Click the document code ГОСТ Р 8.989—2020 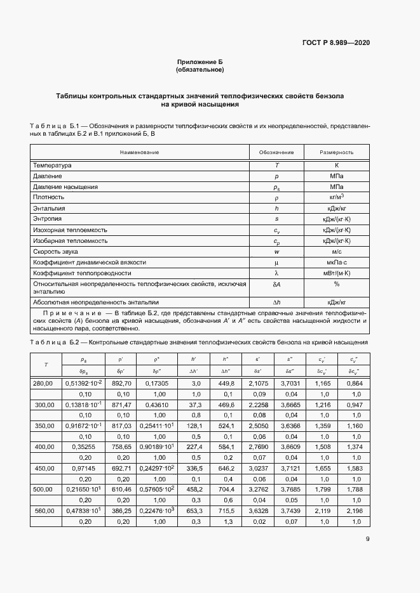336,42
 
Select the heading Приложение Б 200,62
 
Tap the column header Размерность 336,152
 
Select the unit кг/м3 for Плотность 335,197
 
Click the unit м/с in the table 335,251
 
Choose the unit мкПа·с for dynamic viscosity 335,262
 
